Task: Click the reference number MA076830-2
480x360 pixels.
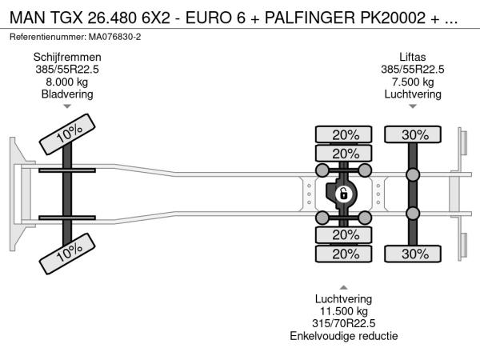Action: point(114,37)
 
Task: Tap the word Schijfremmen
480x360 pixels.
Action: point(67,58)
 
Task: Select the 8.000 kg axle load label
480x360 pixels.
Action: point(67,82)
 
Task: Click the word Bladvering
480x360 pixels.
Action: point(67,94)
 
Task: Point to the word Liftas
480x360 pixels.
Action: point(412,58)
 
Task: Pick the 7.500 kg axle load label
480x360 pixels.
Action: point(413,82)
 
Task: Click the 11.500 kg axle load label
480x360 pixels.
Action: point(343,311)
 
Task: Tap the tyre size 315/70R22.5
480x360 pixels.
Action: point(343,323)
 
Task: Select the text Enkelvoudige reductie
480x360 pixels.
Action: point(343,336)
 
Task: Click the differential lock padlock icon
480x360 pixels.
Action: point(343,194)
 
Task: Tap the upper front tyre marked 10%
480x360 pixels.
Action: point(67,134)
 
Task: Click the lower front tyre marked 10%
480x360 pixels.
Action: point(67,254)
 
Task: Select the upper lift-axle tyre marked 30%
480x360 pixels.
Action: point(413,134)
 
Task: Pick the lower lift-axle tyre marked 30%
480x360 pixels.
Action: point(413,254)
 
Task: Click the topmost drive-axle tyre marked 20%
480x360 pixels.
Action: point(343,134)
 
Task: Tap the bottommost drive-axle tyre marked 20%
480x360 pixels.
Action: point(343,254)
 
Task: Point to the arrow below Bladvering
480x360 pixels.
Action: point(67,106)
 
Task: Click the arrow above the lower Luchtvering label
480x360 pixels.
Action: point(343,287)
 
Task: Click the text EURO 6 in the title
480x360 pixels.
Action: point(215,18)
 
